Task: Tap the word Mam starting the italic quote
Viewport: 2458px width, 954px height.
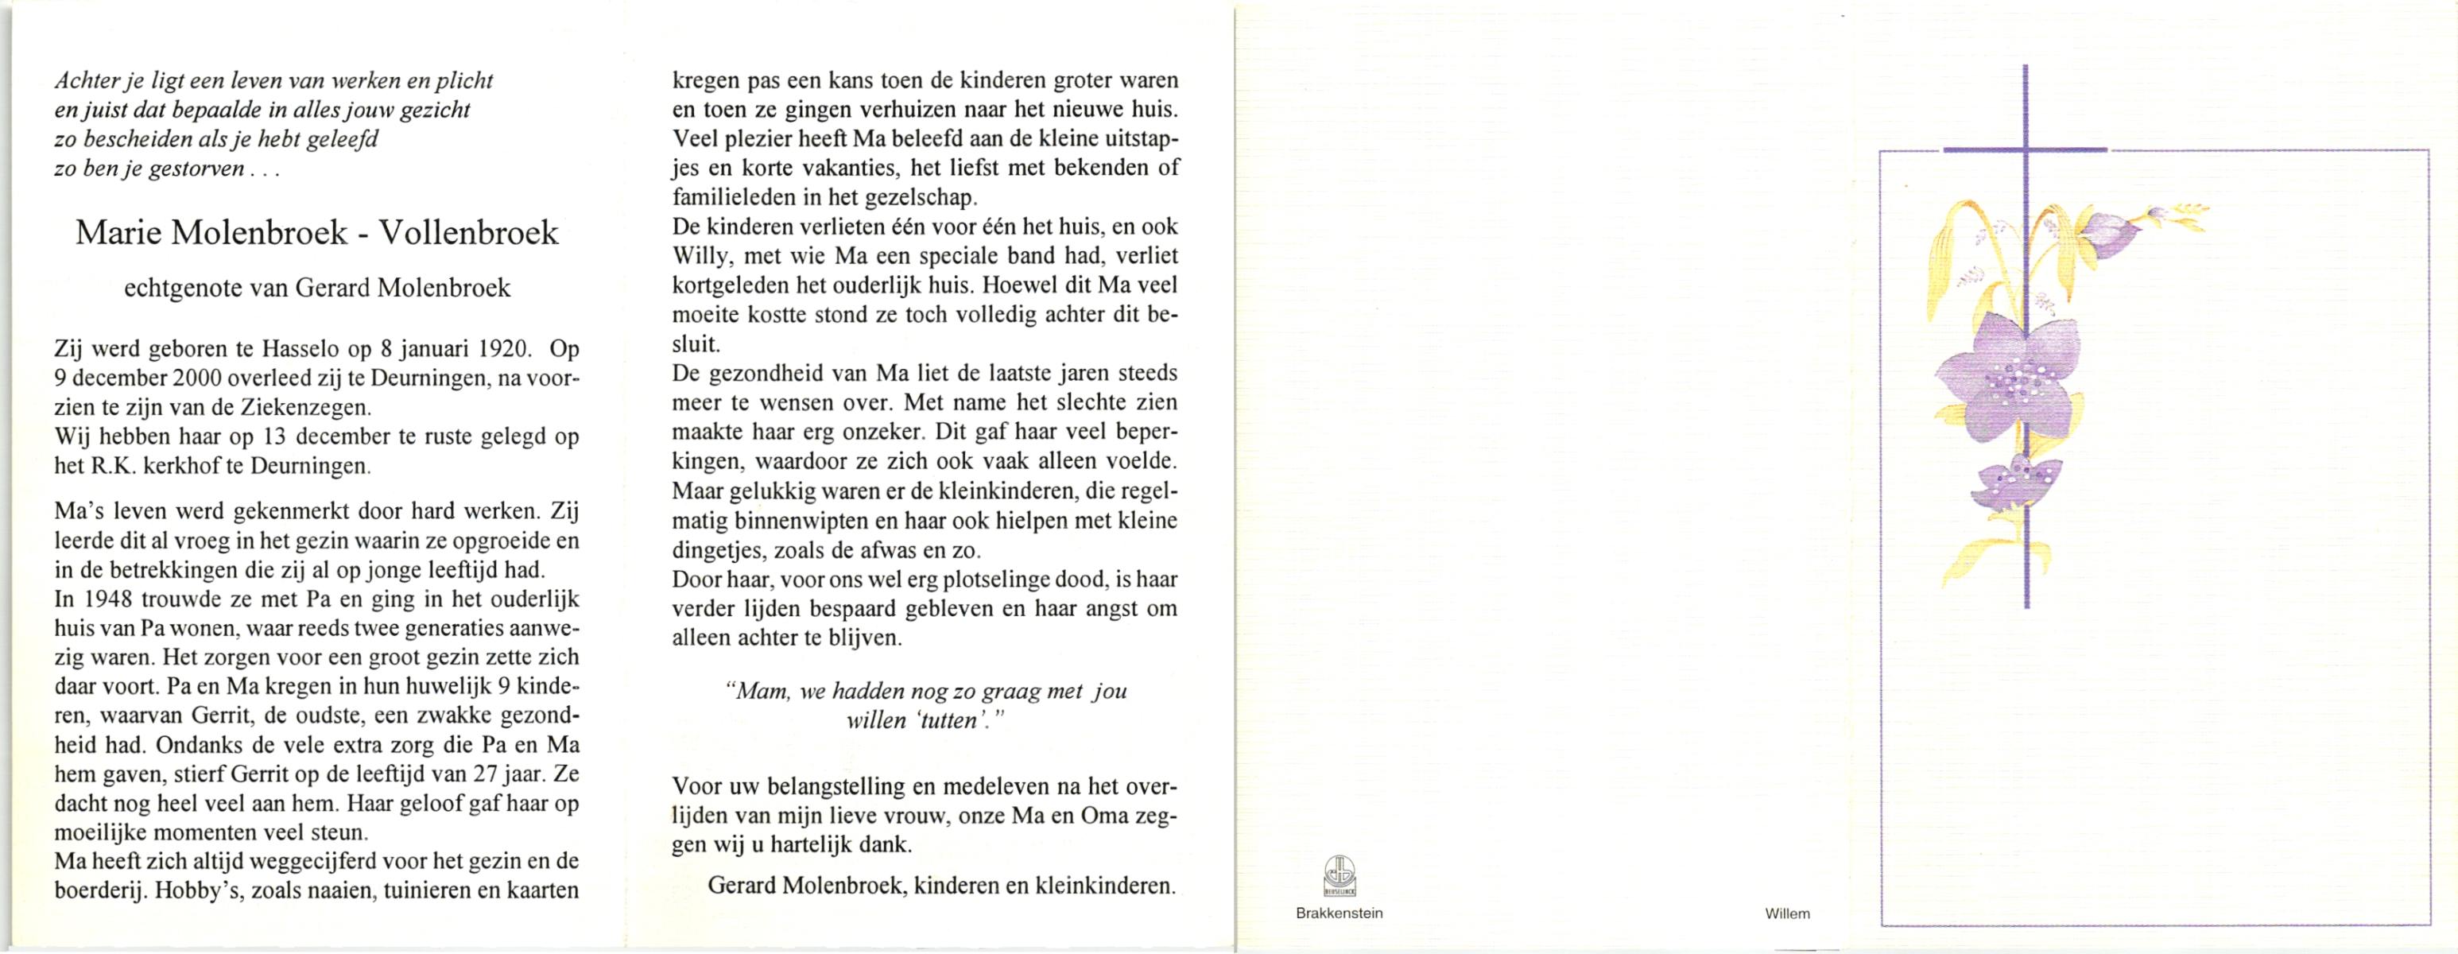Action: point(761,692)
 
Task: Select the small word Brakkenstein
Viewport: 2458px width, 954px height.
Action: point(1339,913)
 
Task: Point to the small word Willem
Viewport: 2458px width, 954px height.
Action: point(1787,914)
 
